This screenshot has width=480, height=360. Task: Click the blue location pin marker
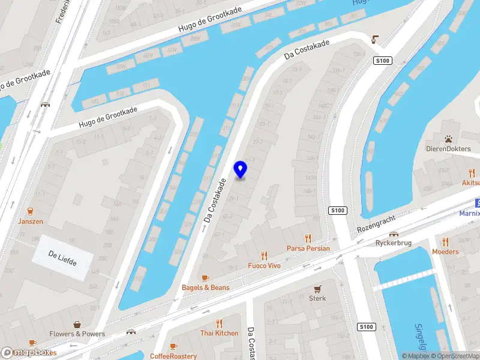pos(241,170)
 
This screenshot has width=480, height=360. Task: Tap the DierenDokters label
pos(448,149)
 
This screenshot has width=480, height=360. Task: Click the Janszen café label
pos(31,221)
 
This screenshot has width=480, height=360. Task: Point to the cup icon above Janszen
pos(30,211)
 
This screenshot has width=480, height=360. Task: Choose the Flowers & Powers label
pos(77,334)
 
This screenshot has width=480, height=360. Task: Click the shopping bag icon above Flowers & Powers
pos(77,323)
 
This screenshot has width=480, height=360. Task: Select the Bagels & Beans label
pos(205,287)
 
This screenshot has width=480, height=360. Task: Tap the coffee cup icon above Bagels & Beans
pos(205,277)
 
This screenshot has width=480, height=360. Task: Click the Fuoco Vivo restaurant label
pos(264,265)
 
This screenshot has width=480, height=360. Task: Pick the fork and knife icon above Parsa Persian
pos(308,238)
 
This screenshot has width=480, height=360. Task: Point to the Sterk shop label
pos(317,298)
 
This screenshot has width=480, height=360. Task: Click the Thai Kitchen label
pos(219,333)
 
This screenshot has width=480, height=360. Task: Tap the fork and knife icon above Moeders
pos(445,241)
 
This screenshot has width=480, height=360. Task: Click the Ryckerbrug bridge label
pos(393,243)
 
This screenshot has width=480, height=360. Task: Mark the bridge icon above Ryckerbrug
pos(394,234)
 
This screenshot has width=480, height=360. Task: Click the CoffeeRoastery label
pos(173,356)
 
